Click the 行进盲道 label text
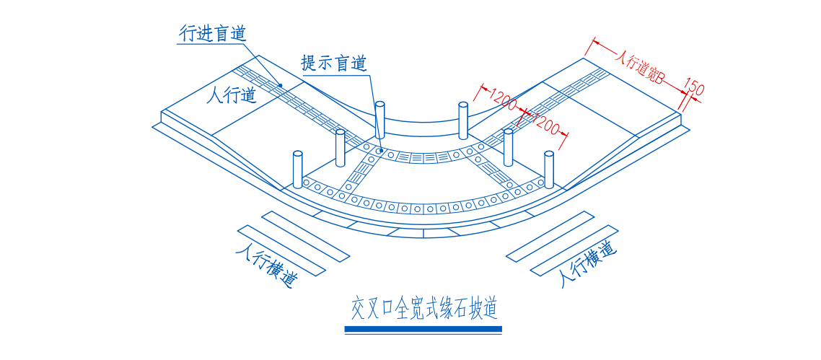(x=213, y=33)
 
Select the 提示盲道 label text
(x=334, y=63)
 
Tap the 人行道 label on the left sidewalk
(x=231, y=95)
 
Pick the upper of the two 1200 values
(x=503, y=100)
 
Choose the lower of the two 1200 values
(x=545, y=123)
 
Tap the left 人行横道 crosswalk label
(x=266, y=268)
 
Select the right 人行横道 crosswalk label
(x=588, y=265)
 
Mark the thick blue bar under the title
(x=423, y=330)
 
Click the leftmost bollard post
(x=297, y=169)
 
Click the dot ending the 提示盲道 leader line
(x=379, y=151)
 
